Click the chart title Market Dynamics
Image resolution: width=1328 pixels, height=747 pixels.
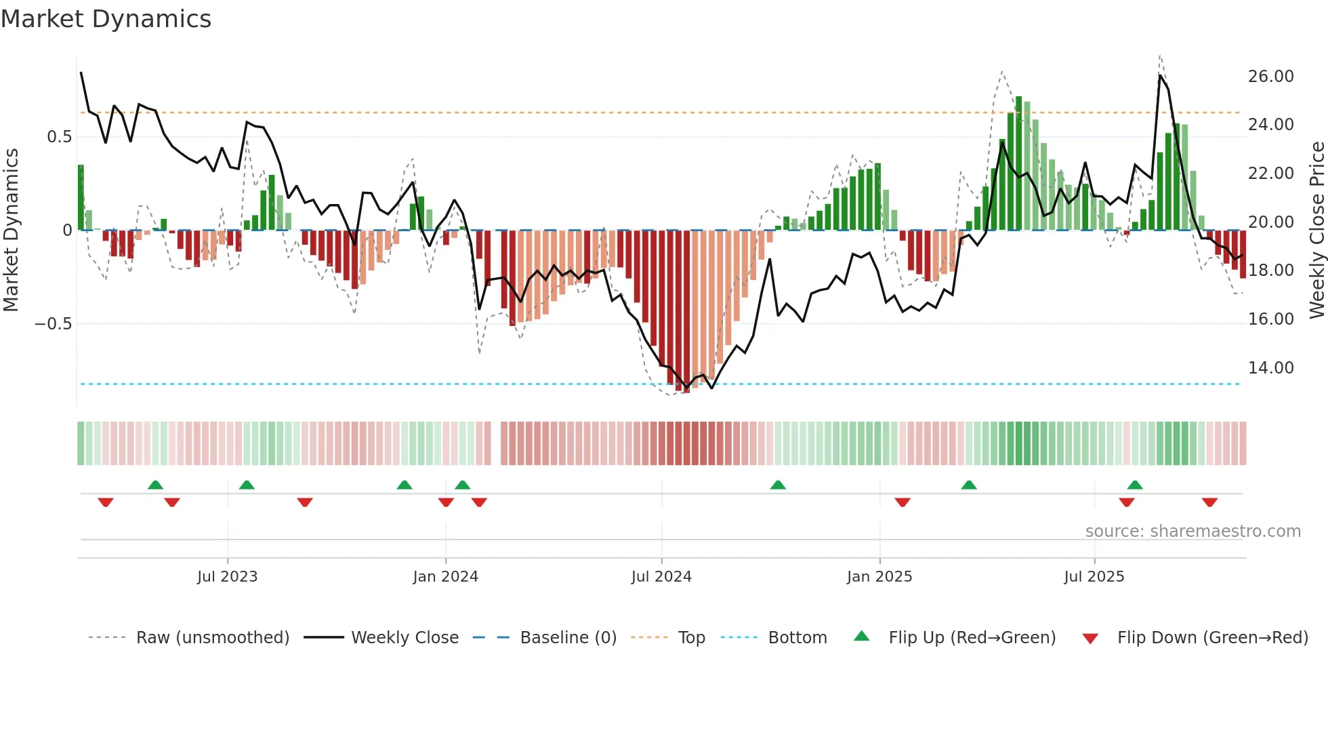coord(106,19)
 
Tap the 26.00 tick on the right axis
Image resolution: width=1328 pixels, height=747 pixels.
coord(1270,77)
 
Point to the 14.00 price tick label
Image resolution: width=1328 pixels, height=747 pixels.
coord(1270,368)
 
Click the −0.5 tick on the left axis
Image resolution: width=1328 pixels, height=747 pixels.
coord(53,324)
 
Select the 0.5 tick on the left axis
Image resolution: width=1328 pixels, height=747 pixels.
coord(59,137)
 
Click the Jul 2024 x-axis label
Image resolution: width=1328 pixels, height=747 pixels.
coord(661,577)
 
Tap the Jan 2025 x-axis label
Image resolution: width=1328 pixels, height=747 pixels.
coord(879,577)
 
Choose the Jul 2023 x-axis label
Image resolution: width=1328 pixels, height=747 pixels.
coord(227,577)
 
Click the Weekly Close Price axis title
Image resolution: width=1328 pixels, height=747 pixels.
coord(1316,230)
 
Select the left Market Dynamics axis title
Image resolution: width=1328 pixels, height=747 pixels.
coord(11,230)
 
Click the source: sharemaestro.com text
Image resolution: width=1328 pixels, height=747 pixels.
coord(1192,531)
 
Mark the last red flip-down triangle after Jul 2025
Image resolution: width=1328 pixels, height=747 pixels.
coord(1209,502)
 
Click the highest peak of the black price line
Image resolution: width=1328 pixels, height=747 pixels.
coord(1160,75)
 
